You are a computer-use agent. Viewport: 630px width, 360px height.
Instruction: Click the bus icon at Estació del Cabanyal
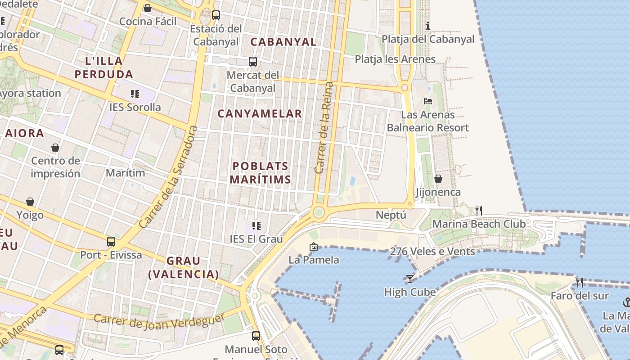(x=216, y=15)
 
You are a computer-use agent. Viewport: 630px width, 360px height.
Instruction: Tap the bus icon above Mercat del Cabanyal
(x=253, y=61)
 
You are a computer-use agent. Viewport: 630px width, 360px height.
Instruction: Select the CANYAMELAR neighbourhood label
(x=260, y=114)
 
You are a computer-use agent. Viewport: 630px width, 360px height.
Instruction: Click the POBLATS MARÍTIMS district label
(x=260, y=173)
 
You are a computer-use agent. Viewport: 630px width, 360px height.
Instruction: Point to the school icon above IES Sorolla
(x=135, y=94)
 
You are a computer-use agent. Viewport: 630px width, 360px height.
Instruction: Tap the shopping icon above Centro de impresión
(x=55, y=148)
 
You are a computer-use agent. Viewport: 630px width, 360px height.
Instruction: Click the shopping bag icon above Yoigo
(x=30, y=202)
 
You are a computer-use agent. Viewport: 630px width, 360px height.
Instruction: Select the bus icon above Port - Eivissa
(x=111, y=242)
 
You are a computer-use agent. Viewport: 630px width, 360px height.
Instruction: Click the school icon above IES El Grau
(x=256, y=225)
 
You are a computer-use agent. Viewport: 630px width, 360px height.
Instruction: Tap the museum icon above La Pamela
(x=314, y=247)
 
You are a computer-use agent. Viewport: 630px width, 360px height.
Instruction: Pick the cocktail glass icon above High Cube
(x=409, y=279)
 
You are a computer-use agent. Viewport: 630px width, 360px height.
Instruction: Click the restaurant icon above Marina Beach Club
(x=479, y=210)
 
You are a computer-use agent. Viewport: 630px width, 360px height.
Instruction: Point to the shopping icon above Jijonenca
(x=438, y=179)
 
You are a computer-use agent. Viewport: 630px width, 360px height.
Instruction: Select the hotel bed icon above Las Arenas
(x=428, y=101)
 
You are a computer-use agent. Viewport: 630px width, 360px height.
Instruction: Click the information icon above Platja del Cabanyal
(x=428, y=26)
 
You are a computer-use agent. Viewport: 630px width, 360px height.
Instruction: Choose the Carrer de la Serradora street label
(x=169, y=177)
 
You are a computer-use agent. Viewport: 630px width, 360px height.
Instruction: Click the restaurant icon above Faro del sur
(x=580, y=283)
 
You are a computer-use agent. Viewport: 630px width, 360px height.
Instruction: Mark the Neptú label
(x=391, y=215)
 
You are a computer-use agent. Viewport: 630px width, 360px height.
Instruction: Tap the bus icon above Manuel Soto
(x=256, y=336)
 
